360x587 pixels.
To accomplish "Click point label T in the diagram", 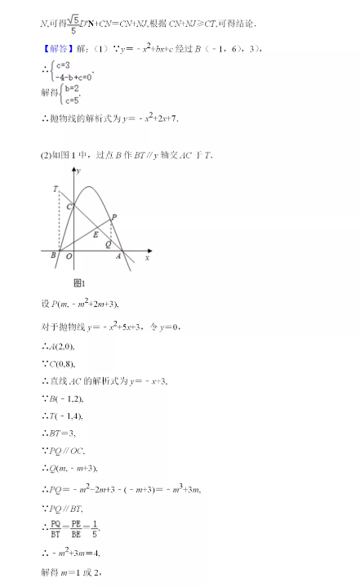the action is point(55,189).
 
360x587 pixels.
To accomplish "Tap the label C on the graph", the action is point(69,207).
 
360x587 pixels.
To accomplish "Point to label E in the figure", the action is point(95,235).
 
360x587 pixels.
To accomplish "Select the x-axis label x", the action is point(147,257).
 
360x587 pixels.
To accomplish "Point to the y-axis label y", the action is point(78,171).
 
